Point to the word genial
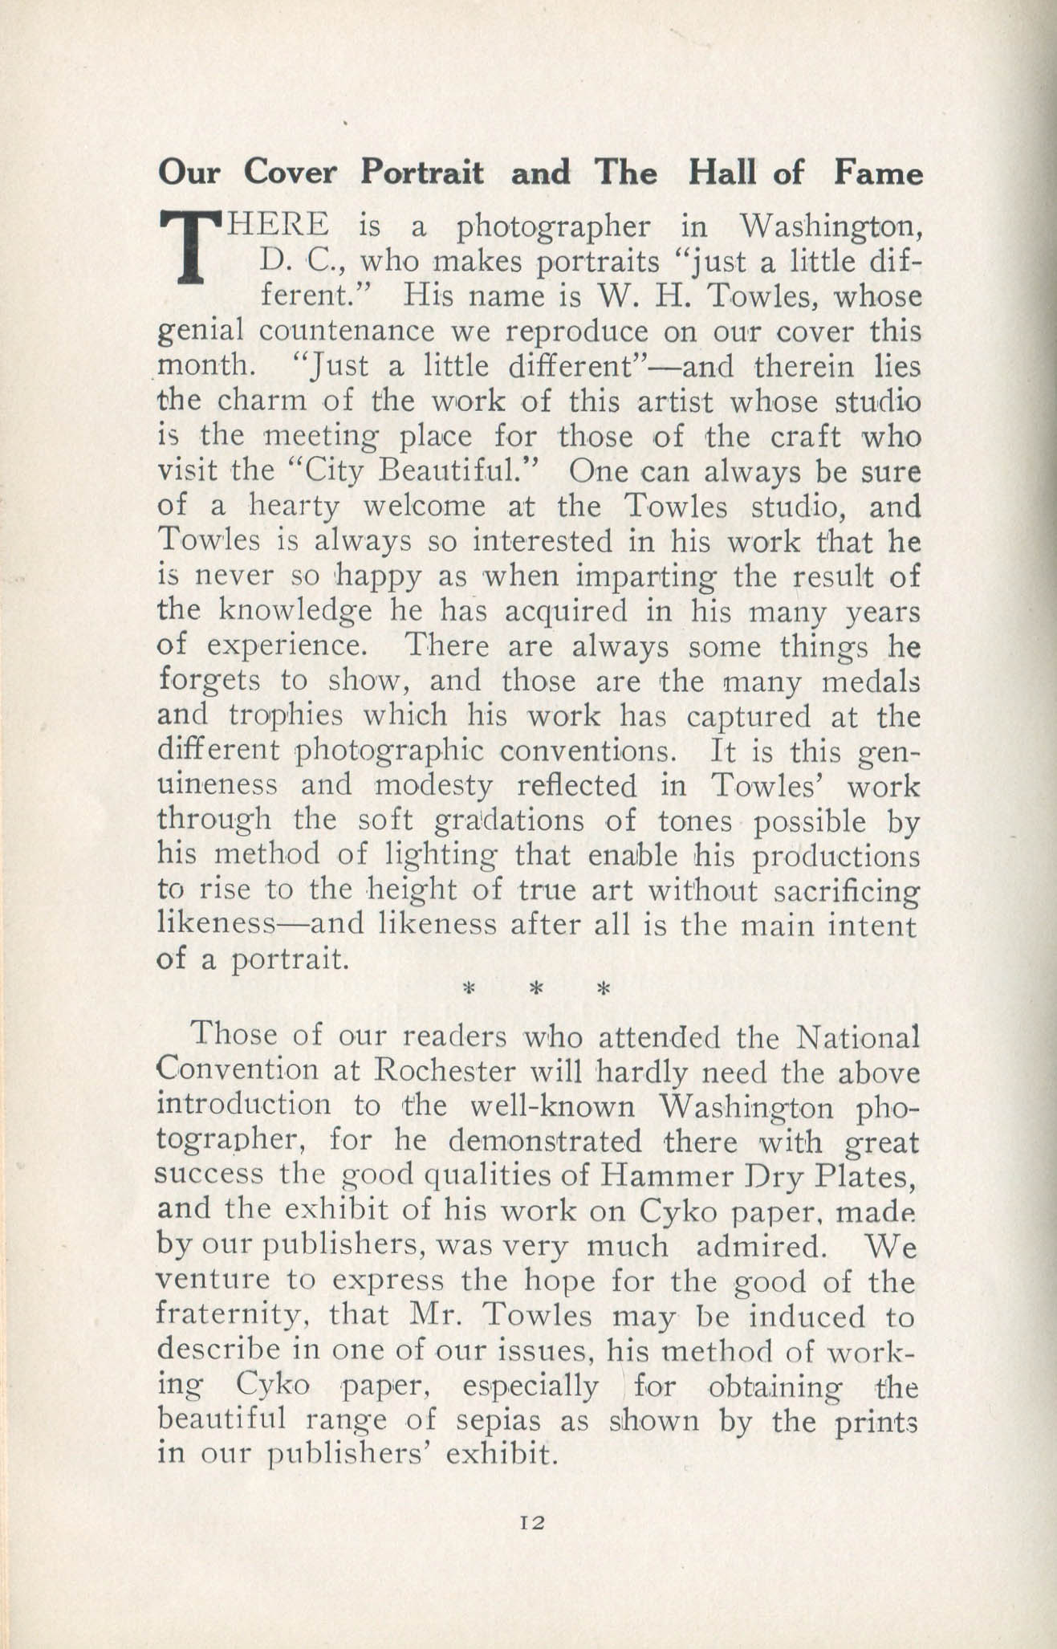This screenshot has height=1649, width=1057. pyautogui.click(x=201, y=332)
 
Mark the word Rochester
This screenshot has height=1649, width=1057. pyautogui.click(x=443, y=1072)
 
